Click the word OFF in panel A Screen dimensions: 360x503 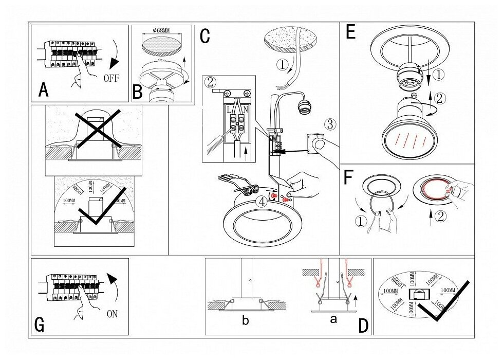111,79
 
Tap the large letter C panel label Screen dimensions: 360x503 204,37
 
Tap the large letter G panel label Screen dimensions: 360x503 39,325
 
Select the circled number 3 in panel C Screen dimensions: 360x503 330,124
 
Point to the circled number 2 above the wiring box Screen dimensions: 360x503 209,81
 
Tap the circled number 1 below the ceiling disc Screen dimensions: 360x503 282,65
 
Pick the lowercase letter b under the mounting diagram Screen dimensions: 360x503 245,321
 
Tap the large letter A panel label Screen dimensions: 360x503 44,91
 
